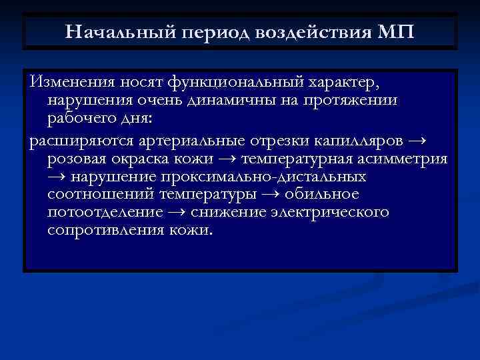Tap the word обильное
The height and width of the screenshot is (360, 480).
tap(322, 195)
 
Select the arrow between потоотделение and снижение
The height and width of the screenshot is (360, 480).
tap(177, 213)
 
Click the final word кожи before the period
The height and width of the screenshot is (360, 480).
tap(190, 230)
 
